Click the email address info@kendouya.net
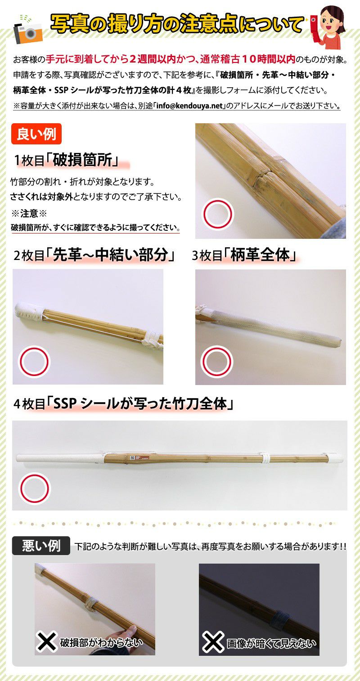(x=190, y=106)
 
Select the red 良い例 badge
(x=36, y=134)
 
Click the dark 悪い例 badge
(x=41, y=546)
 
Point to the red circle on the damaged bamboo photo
(x=217, y=214)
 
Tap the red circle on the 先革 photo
(x=34, y=362)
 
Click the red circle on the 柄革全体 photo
(x=217, y=362)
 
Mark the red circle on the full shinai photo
(x=34, y=488)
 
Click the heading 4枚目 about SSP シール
(x=123, y=404)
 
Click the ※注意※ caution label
(x=29, y=213)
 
